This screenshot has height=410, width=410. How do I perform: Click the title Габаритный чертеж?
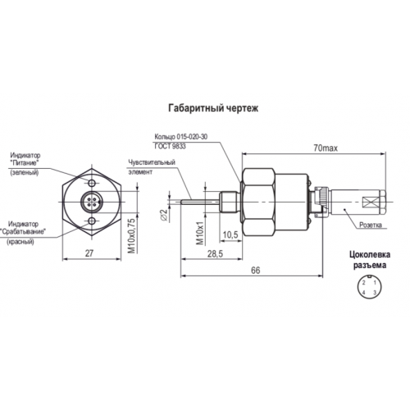pyautogui.click(x=213, y=108)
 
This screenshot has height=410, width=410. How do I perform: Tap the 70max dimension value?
pyautogui.click(x=326, y=148)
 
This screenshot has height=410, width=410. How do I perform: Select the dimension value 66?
pyautogui.click(x=256, y=271)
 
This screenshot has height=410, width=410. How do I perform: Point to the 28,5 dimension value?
pyautogui.click(x=215, y=254)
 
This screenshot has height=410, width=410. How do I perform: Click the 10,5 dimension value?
pyautogui.click(x=230, y=235)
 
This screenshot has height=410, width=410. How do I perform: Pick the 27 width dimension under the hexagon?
pyautogui.click(x=89, y=253)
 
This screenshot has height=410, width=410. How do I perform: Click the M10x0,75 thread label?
pyautogui.click(x=132, y=235)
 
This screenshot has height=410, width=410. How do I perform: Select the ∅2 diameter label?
pyautogui.click(x=163, y=215)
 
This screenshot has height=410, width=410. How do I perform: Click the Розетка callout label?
pyautogui.click(x=371, y=225)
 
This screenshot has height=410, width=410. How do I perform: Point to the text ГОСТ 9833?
pyautogui.click(x=170, y=147)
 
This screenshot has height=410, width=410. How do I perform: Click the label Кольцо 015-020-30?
pyautogui.click(x=181, y=137)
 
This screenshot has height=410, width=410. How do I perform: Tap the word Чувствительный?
pyautogui.click(x=152, y=162)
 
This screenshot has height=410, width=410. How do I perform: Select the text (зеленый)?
pyautogui.click(x=25, y=173)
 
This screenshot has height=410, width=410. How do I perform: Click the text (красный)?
pyautogui.click(x=20, y=242)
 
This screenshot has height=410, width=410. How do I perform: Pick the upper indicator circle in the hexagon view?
pyautogui.click(x=92, y=183)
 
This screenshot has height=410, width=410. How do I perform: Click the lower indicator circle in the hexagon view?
pyautogui.click(x=92, y=221)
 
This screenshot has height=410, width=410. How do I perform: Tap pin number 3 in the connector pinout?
pyautogui.click(x=375, y=293)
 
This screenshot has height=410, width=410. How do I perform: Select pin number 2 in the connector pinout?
pyautogui.click(x=364, y=283)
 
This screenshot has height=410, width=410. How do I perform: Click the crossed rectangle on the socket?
pyautogui.click(x=370, y=202)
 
